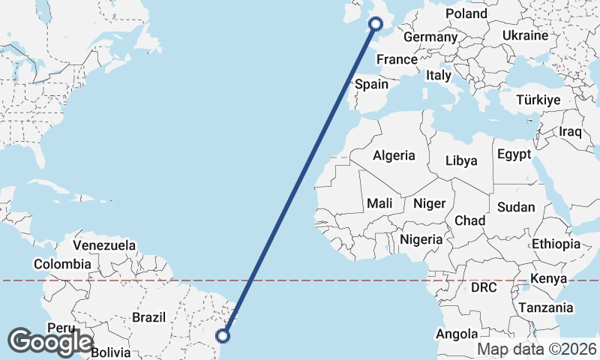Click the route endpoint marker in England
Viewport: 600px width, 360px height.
click(x=376, y=24)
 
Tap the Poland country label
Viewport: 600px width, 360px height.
click(x=466, y=13)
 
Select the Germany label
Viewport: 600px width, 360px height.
click(x=430, y=37)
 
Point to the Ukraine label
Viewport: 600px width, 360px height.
click(x=525, y=35)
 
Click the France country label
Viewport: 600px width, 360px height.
click(x=397, y=59)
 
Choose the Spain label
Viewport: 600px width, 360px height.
click(x=371, y=84)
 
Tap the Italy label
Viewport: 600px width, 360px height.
click(x=438, y=75)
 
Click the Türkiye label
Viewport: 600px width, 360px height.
click(x=538, y=100)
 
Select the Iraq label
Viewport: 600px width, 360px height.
click(x=571, y=131)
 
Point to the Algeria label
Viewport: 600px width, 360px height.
click(x=394, y=155)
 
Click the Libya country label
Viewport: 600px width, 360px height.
click(x=460, y=160)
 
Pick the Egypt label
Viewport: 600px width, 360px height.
click(x=514, y=154)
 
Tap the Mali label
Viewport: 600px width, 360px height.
click(x=379, y=203)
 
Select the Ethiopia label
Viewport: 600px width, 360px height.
click(x=556, y=244)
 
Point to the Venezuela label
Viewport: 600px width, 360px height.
click(x=104, y=245)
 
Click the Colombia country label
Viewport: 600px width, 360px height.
click(x=62, y=264)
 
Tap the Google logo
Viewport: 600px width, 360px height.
click(x=50, y=342)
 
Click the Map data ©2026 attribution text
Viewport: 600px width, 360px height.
click(x=537, y=349)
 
